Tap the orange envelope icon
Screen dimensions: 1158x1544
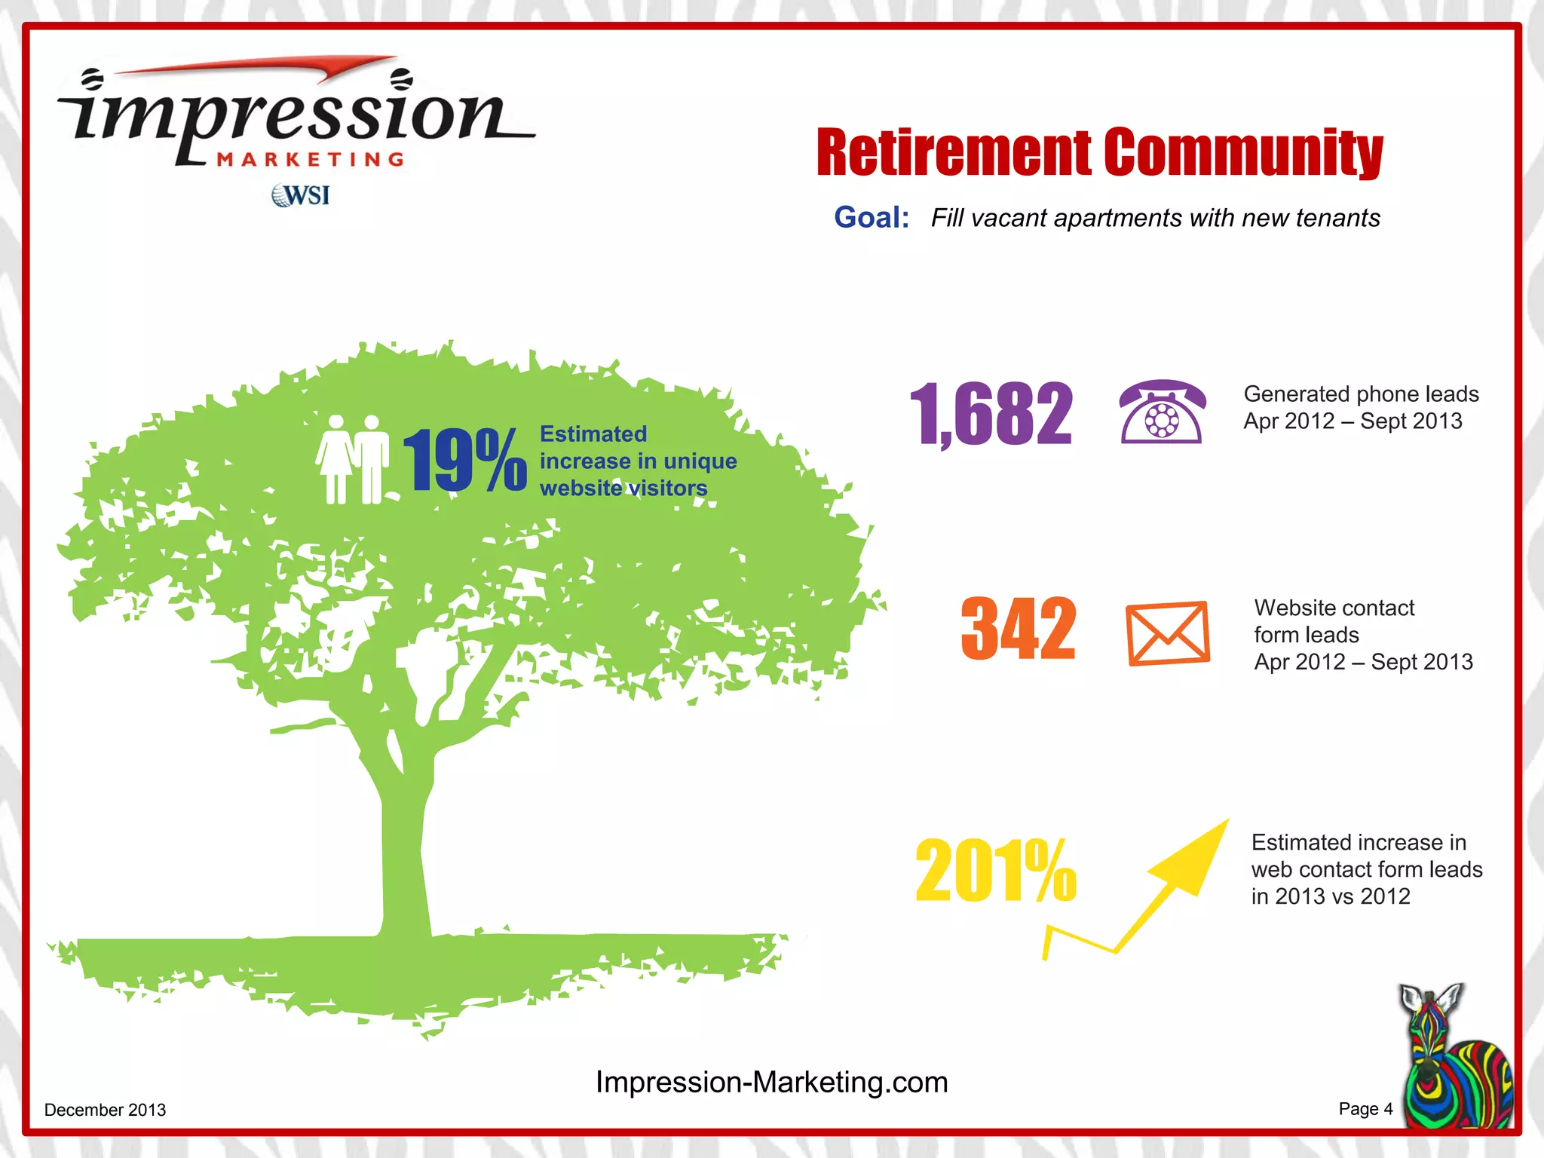pyautogui.click(x=1168, y=633)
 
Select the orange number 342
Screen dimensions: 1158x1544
pyautogui.click(x=1019, y=629)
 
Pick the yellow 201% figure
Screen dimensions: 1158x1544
pyautogui.click(x=996, y=871)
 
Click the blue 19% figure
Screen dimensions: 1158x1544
pyautogui.click(x=464, y=460)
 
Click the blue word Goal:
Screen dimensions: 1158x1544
pyautogui.click(x=872, y=218)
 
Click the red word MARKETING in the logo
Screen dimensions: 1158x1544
pyautogui.click(x=311, y=160)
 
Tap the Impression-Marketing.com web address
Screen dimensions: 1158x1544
pyautogui.click(x=771, y=1082)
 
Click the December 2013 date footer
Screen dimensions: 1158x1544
pyautogui.click(x=105, y=1110)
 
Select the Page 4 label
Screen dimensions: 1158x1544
pyautogui.click(x=1365, y=1109)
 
